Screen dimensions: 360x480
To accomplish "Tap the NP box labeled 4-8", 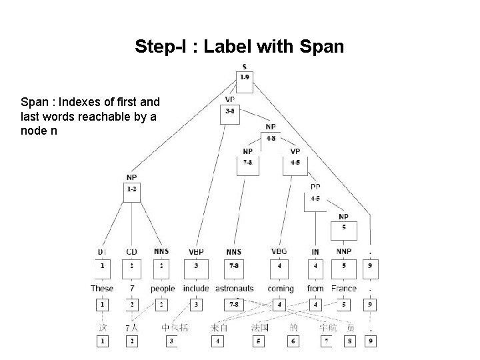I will click(271, 139).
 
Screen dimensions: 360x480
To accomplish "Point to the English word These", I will click(102, 289).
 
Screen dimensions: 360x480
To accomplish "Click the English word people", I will click(163, 289).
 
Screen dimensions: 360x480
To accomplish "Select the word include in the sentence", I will click(196, 289).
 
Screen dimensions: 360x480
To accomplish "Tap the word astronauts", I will click(233, 289).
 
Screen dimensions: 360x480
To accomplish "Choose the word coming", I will click(280, 289).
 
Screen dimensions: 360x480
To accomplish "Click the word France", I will click(343, 289).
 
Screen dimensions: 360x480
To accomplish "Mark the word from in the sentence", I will click(315, 289).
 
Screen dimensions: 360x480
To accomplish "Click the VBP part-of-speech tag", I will click(196, 252).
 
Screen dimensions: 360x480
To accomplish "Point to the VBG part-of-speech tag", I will click(280, 251).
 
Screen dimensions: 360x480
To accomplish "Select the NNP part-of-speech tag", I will click(343, 251).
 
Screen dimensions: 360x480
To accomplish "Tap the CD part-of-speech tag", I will click(131, 252).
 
